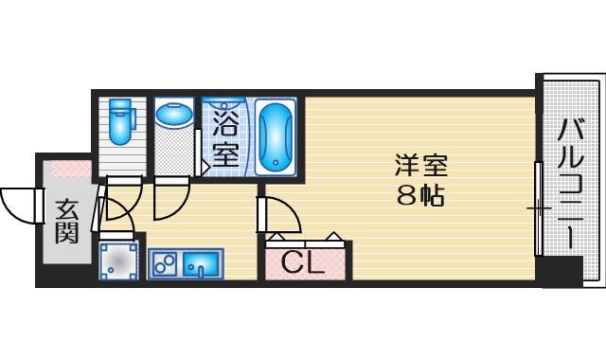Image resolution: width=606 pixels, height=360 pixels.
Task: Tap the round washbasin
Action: coord(173,115)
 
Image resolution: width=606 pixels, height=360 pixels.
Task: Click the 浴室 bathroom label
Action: coord(225,137)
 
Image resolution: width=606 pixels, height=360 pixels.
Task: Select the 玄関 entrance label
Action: coord(65,220)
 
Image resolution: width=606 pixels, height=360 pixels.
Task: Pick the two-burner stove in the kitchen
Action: coord(164,262)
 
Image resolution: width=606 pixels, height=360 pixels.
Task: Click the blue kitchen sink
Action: coord(200,262)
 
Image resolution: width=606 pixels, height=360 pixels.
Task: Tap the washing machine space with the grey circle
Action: coord(119,260)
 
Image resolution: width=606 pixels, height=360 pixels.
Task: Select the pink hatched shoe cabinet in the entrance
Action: coord(67,171)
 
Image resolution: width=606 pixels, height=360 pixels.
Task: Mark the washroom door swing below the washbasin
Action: coord(171,196)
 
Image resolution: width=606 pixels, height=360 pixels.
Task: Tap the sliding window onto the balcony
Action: coord(538,207)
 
